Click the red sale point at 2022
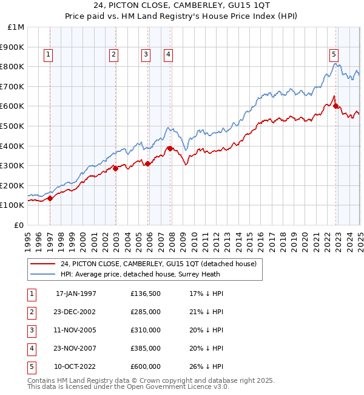click(336, 106)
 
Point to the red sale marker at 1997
click(50, 198)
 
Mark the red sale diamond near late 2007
click(170, 148)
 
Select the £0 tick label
click(19, 225)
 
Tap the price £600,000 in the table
click(146, 366)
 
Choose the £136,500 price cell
click(146, 294)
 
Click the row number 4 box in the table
click(30, 348)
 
